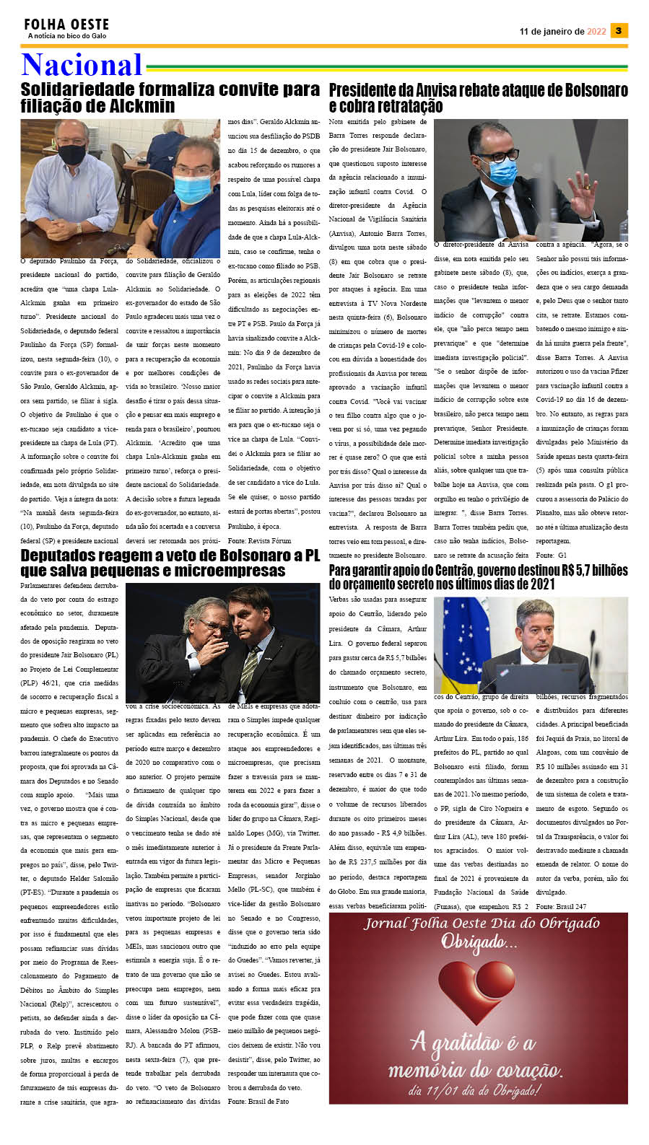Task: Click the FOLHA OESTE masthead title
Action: (66, 25)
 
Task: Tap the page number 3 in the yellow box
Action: (619, 30)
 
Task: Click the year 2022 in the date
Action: (596, 32)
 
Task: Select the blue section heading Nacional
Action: (82, 65)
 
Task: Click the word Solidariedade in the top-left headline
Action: (88, 89)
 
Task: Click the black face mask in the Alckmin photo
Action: (71, 154)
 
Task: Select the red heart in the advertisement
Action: (478, 996)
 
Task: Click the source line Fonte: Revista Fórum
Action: (259, 540)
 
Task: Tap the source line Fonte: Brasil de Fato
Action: (258, 1102)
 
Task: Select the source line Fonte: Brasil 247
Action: (562, 906)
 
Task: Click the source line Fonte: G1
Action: (552, 556)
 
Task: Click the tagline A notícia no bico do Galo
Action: (67, 36)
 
